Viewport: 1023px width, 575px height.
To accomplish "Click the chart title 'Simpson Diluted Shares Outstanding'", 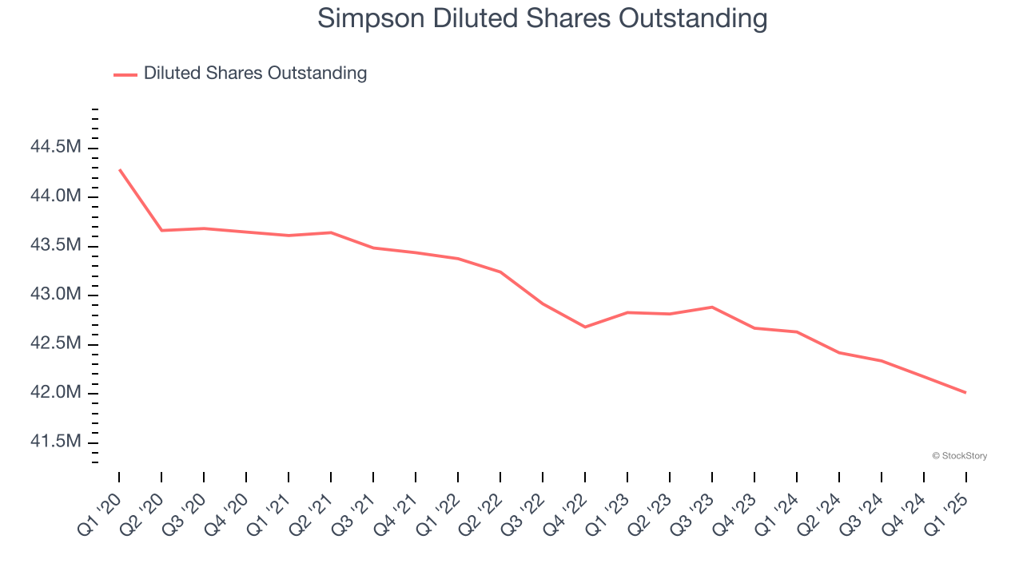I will coord(543,18).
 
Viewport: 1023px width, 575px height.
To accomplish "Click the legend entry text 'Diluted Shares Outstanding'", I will coord(255,73).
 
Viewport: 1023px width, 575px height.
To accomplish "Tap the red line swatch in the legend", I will coord(125,74).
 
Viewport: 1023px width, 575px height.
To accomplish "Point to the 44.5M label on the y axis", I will coord(55,147).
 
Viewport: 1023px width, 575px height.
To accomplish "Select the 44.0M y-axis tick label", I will coord(55,196).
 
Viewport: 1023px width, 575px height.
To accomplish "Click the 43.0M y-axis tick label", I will coord(55,295).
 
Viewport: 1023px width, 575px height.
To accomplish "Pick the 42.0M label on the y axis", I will coord(55,393).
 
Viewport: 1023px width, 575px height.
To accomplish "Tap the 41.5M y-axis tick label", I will coord(55,442).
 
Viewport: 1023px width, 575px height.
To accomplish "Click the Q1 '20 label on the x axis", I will coord(100,514).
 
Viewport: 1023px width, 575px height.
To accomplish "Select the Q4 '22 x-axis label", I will coord(566,514).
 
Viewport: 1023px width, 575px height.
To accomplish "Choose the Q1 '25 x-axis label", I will coord(947,514).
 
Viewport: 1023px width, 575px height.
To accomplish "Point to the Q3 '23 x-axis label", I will coord(693,514).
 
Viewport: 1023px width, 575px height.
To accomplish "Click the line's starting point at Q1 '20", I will coord(119,169).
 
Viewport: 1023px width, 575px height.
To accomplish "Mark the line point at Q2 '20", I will coord(161,230).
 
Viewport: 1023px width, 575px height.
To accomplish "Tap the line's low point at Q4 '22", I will coord(585,327).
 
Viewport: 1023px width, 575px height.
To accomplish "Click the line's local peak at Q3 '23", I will coord(712,307).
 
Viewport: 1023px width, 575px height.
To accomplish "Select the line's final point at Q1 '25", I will coord(966,392).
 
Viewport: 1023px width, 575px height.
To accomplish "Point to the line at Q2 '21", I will coord(331,232).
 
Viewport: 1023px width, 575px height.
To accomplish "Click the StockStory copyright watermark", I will coord(959,456).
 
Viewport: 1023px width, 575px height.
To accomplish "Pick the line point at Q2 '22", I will coord(500,272).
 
